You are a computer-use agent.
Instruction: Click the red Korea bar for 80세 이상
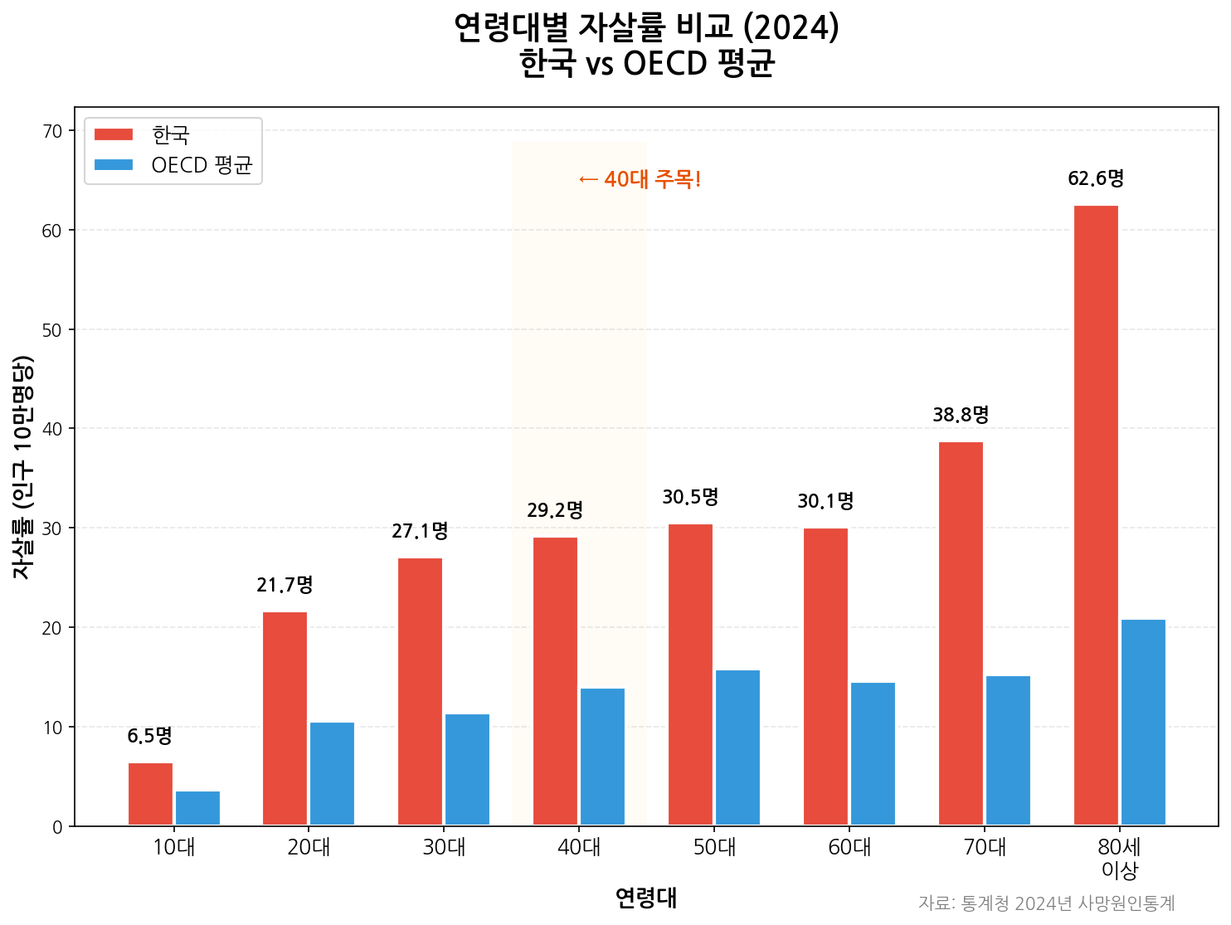[x=1096, y=515]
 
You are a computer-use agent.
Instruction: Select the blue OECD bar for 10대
[x=197, y=808]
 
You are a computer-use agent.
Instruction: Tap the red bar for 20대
[x=285, y=718]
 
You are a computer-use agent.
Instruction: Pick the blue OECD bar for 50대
[x=737, y=747]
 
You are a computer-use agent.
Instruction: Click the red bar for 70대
[x=961, y=634]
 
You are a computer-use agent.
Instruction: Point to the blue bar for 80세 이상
[x=1143, y=722]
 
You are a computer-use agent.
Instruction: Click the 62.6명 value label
[x=1096, y=178]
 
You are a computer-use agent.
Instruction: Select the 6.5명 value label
[x=149, y=736]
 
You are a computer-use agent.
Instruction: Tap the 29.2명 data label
[x=555, y=510]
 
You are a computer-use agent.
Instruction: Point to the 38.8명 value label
[x=961, y=414]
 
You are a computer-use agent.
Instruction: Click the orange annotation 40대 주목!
[x=640, y=179]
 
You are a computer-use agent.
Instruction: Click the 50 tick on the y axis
[x=52, y=330]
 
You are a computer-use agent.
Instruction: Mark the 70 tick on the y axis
[x=52, y=131]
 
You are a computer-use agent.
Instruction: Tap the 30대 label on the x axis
[x=444, y=848]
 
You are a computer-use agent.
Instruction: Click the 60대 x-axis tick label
[x=849, y=848]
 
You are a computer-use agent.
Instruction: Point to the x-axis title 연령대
[x=646, y=898]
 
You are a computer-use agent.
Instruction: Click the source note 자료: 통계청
[x=1046, y=903]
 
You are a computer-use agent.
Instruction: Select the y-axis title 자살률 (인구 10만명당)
[x=22, y=467]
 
